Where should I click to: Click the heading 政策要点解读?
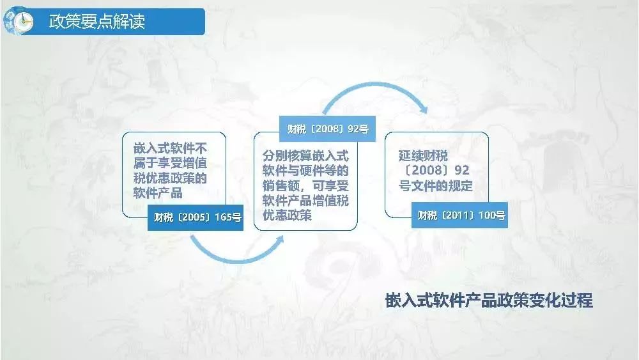(97, 21)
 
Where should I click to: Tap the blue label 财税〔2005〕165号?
(196, 217)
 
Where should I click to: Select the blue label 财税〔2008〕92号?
(327, 129)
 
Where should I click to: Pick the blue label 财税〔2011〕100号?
(459, 215)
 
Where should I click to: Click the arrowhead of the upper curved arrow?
(424, 109)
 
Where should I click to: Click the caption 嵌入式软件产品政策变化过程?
(489, 301)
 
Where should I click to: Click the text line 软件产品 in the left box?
(158, 193)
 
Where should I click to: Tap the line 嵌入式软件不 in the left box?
(170, 148)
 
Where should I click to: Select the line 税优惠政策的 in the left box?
(170, 178)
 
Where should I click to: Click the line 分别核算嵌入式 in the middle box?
(305, 155)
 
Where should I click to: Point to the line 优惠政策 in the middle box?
(287, 215)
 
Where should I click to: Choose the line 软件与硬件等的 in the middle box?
(305, 171)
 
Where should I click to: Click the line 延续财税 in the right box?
(423, 155)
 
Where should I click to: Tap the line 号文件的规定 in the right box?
(435, 186)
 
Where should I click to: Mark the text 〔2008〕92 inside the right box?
(436, 171)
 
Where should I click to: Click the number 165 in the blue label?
(223, 217)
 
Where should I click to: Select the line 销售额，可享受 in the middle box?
(305, 185)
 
